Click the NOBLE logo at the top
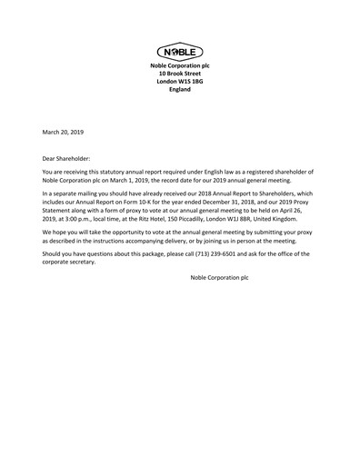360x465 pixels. (179, 52)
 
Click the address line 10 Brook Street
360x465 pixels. (179, 74)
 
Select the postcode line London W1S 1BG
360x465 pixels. (179, 82)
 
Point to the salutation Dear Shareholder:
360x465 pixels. (67, 157)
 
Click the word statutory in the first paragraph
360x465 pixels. (125, 173)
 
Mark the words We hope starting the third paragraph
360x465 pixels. (54, 232)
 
